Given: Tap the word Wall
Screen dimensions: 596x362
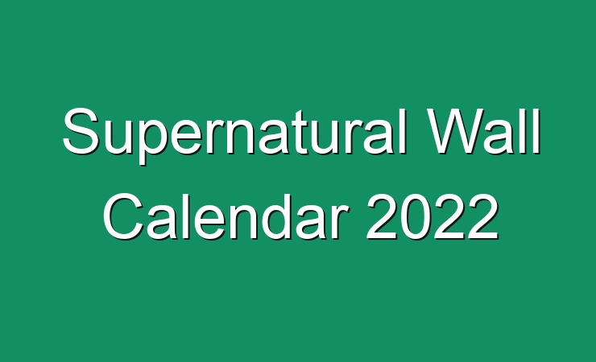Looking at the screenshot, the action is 482,131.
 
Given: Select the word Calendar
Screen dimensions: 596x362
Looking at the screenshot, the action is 226,216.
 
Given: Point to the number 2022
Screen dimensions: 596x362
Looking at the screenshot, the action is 433,216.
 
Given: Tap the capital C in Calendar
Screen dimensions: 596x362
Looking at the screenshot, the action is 122,216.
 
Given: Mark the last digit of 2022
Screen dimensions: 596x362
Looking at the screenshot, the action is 483,216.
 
